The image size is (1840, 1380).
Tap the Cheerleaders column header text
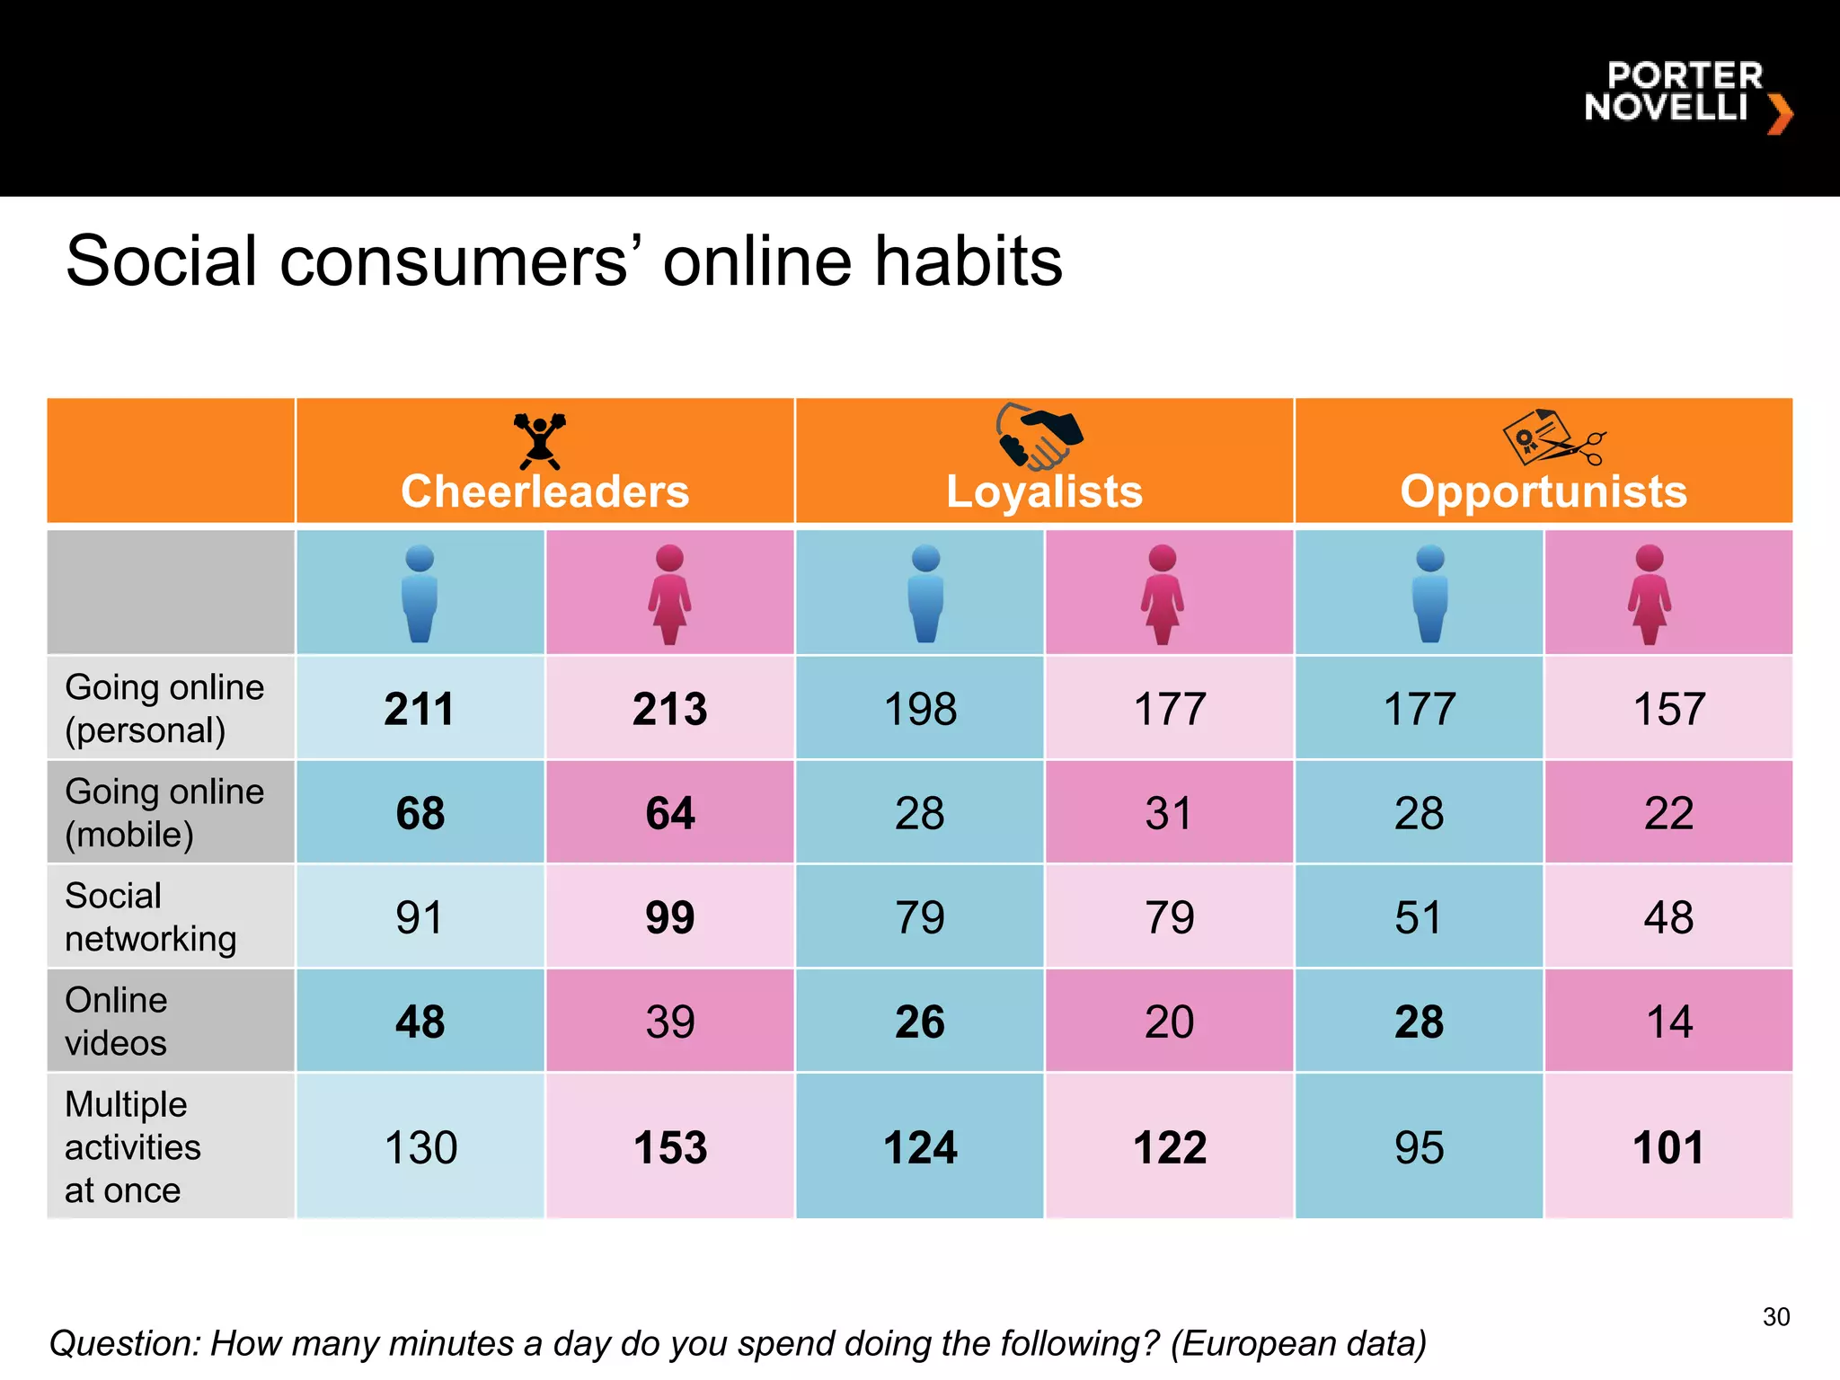tap(544, 491)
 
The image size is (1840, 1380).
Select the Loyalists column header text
tap(1044, 491)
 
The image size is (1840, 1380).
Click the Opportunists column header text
tap(1544, 491)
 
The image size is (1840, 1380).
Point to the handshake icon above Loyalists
tap(1039, 436)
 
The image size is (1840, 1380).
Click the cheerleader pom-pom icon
tap(539, 439)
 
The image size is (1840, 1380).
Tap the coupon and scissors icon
tap(1552, 438)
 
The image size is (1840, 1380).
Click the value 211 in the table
tap(420, 709)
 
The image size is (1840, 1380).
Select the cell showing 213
tap(669, 709)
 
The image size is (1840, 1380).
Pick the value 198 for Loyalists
tap(920, 709)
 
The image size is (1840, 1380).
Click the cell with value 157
tap(1668, 709)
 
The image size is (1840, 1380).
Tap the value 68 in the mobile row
tap(420, 813)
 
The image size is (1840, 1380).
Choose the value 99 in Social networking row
tap(669, 917)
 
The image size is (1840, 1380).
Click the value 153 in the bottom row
tap(669, 1147)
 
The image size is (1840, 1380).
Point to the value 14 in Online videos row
tap(1668, 1022)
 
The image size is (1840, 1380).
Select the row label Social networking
tap(150, 917)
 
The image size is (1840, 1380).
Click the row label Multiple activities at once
tap(132, 1147)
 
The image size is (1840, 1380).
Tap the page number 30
tap(1775, 1317)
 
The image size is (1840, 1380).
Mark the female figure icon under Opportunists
tap(1649, 594)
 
